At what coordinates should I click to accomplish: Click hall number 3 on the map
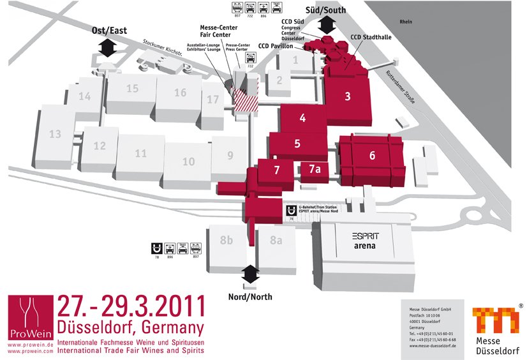pyautogui.click(x=348, y=97)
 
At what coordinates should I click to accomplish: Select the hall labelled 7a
pyautogui.click(x=314, y=169)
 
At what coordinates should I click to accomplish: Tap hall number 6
pyautogui.click(x=372, y=155)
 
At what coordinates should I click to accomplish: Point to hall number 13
pyautogui.click(x=55, y=134)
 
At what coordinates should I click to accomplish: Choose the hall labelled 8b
pyautogui.click(x=226, y=241)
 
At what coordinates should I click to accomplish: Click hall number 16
pyautogui.click(x=181, y=93)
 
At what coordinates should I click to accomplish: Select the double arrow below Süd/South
pyautogui.click(x=329, y=25)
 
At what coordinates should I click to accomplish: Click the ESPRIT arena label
pyautogui.click(x=364, y=241)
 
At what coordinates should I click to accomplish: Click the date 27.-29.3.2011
pyautogui.click(x=131, y=307)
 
